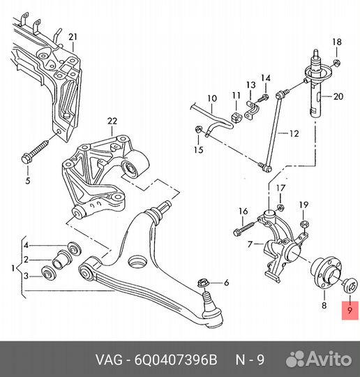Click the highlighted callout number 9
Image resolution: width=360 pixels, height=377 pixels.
click(350, 310)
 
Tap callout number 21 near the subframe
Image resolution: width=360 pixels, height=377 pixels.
click(73, 37)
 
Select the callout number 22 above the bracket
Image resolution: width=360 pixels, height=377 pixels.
click(112, 121)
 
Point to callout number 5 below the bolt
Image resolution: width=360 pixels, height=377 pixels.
click(28, 180)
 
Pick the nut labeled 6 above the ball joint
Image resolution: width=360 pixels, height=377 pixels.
click(202, 283)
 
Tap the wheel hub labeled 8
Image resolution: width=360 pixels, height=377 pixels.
click(326, 272)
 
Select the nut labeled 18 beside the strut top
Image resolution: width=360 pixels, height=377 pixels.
click(337, 64)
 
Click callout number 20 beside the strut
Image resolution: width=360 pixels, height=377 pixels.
click(338, 96)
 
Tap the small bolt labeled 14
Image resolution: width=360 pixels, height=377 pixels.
click(263, 98)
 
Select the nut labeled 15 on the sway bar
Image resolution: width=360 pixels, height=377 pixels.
click(199, 129)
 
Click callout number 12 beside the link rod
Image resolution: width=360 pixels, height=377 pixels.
click(294, 133)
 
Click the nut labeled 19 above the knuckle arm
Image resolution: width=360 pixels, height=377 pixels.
click(304, 225)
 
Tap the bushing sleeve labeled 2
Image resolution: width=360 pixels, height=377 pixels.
click(63, 260)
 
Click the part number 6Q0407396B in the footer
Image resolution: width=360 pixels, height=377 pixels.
click(176, 360)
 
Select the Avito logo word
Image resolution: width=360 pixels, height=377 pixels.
click(330, 360)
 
